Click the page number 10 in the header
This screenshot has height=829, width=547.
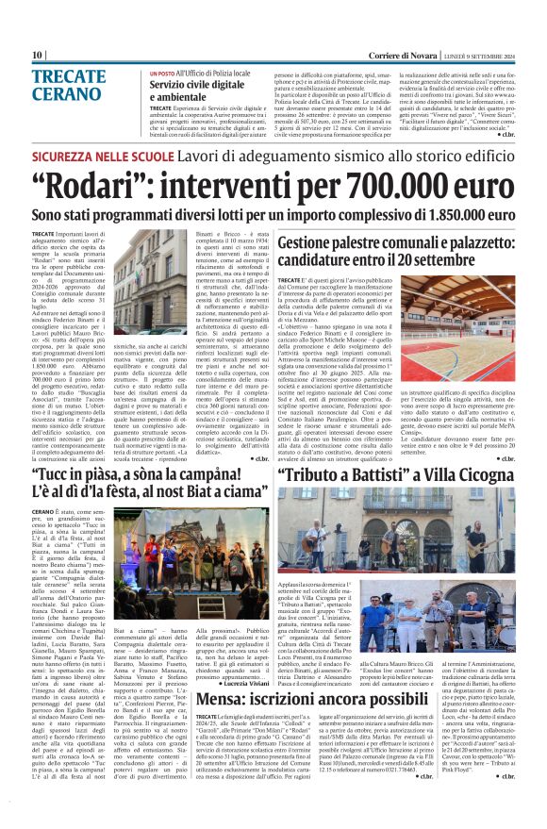[37, 56]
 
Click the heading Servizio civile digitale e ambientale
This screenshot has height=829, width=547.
[191, 91]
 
